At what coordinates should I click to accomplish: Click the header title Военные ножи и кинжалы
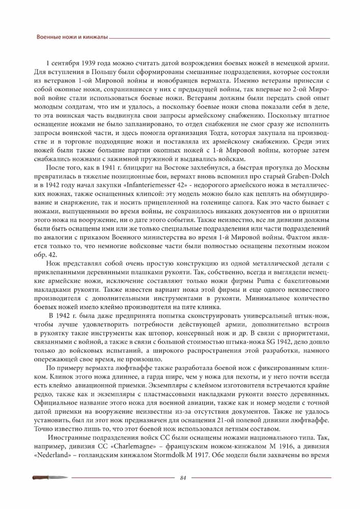coord(72,38)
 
